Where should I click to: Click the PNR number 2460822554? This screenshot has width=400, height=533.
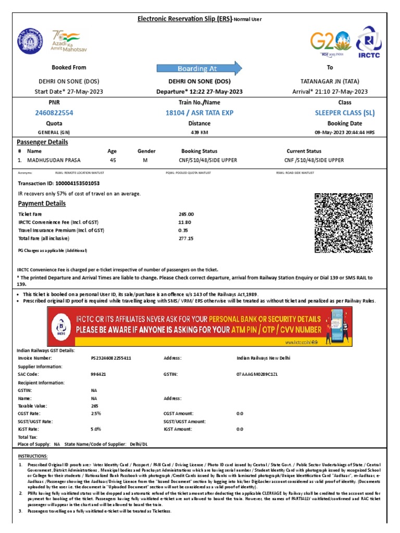(x=54, y=113)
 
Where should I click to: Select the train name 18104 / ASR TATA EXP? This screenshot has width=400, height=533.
(x=199, y=113)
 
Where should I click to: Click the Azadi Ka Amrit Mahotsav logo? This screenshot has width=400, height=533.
(x=66, y=41)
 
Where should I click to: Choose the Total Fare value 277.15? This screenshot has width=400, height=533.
(x=186, y=238)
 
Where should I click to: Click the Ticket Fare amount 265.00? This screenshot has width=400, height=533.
(x=186, y=214)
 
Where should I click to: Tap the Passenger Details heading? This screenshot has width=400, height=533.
(x=42, y=142)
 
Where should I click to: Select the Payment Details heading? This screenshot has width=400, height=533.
(x=42, y=204)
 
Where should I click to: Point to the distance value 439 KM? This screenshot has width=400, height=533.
(x=199, y=132)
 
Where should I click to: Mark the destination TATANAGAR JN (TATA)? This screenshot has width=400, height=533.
(x=330, y=82)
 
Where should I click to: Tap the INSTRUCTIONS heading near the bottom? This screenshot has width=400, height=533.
(x=32, y=455)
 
